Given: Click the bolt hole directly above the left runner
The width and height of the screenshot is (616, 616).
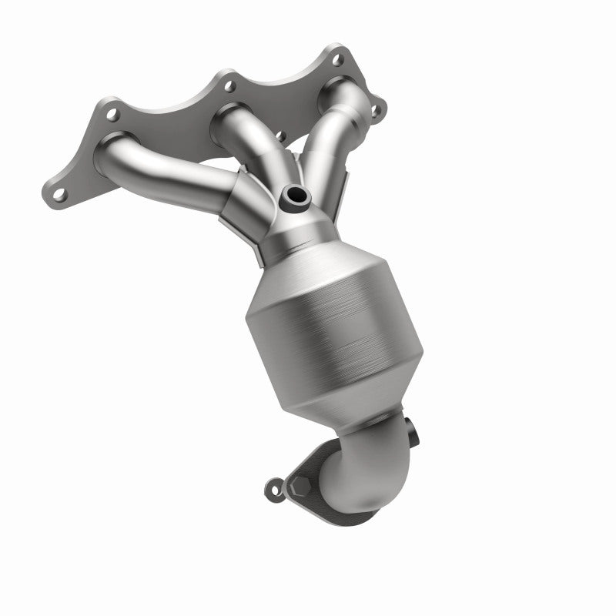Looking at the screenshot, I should click(112, 116).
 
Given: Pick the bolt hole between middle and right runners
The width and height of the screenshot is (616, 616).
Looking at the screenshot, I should click(301, 139).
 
